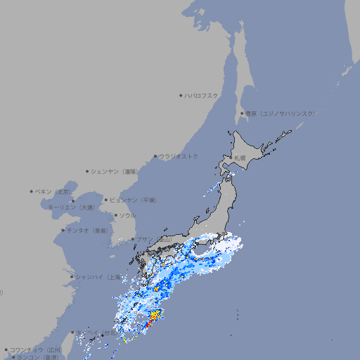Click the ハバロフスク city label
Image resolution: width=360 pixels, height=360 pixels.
tap(202, 95)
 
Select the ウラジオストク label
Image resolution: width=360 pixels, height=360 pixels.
tap(179, 156)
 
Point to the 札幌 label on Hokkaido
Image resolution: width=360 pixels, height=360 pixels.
tap(240, 158)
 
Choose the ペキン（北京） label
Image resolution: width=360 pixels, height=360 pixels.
tap(53, 191)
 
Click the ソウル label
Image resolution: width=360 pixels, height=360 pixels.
tap(127, 215)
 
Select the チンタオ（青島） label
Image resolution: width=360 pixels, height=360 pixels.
tap(88, 230)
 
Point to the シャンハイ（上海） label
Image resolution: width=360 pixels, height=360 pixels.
tap(98, 277)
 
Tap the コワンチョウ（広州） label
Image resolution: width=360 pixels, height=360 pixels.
tap(35, 349)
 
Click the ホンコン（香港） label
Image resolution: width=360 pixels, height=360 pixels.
tap(37, 357)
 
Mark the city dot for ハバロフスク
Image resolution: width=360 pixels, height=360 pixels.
tap(181, 95)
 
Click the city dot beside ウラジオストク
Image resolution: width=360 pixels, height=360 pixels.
tap(155, 156)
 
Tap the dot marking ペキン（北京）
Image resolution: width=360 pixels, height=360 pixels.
tap(32, 191)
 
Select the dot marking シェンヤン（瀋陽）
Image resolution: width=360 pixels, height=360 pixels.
tap(87, 171)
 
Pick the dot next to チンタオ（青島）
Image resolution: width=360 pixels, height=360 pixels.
tap(63, 230)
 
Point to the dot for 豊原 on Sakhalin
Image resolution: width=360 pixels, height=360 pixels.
tap(242, 113)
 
